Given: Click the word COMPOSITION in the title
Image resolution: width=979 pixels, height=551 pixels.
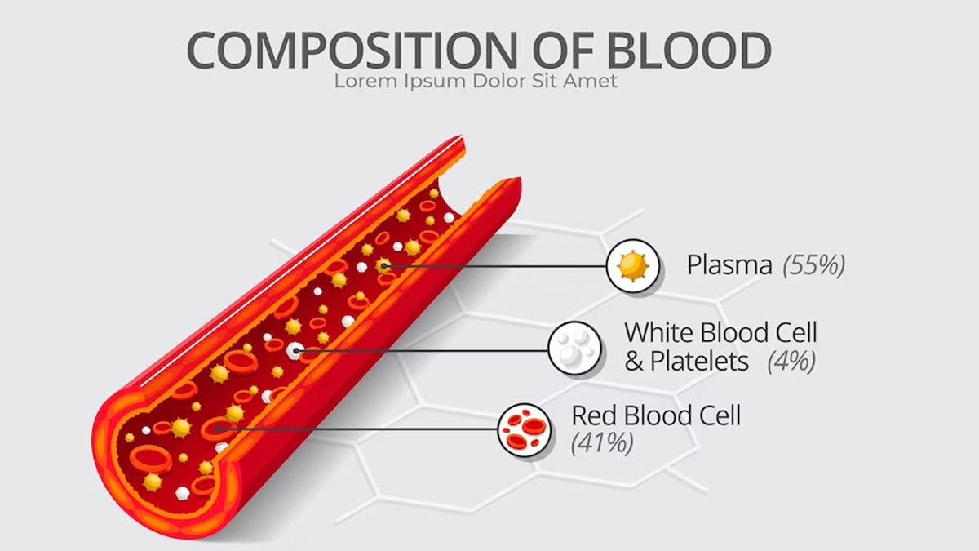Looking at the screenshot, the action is (352, 50).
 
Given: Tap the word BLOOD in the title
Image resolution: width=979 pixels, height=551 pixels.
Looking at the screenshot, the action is (689, 50).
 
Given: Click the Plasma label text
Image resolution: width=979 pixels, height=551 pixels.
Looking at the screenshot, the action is (729, 265).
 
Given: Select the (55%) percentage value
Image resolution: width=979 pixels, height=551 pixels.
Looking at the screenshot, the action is (814, 265).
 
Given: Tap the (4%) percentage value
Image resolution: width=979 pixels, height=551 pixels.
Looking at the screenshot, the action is (791, 361).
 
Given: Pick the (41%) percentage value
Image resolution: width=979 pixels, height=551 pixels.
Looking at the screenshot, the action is (602, 443).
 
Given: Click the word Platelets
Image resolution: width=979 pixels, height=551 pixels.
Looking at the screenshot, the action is (699, 361).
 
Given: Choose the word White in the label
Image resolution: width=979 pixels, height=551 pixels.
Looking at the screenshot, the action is (659, 332).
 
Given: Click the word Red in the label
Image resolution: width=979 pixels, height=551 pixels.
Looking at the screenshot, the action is (595, 415).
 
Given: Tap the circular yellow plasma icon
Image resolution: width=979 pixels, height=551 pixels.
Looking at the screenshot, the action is (633, 266).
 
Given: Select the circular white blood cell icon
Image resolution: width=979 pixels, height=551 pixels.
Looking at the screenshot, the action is (574, 349).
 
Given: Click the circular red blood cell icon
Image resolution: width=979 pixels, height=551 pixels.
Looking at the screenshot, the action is (524, 430).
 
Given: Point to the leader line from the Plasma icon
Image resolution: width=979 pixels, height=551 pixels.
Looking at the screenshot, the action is (495, 266).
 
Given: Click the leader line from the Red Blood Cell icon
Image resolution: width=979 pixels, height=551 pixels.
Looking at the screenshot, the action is (358, 429).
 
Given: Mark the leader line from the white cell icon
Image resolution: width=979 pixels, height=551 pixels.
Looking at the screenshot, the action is (422, 351).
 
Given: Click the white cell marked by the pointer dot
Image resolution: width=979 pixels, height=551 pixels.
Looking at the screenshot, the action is (295, 351).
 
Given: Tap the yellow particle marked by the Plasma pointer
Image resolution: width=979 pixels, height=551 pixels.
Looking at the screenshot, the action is (383, 266).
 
